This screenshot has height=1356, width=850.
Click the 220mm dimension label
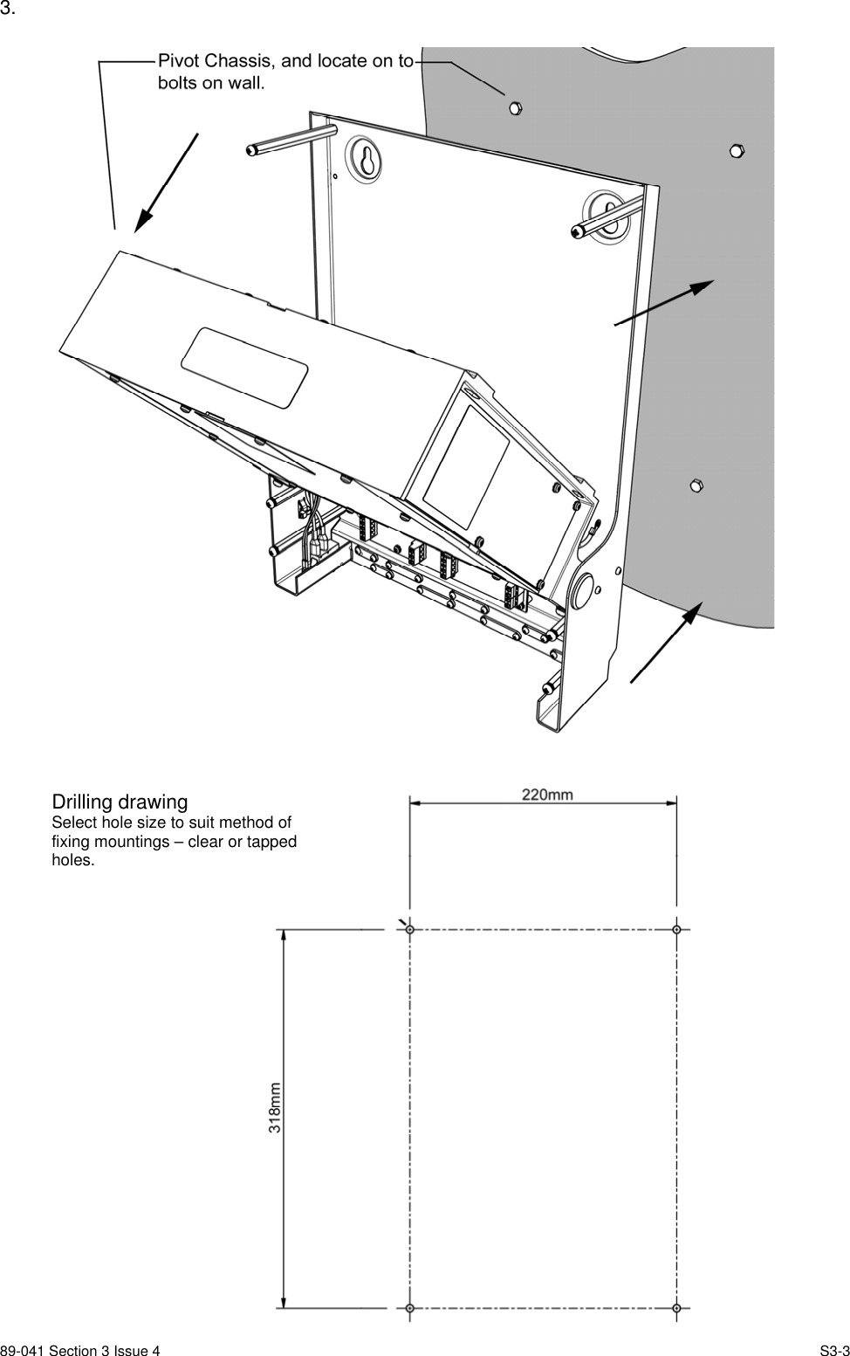tap(547, 794)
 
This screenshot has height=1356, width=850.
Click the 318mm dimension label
tap(275, 1107)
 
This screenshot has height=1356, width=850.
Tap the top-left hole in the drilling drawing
tap(410, 929)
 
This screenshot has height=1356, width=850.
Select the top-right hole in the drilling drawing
tap(676, 929)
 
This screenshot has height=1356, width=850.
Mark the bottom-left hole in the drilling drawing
tap(410, 1307)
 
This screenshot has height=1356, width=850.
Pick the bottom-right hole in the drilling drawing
tap(676, 1307)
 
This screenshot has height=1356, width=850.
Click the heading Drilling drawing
tap(120, 802)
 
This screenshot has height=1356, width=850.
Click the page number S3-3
tap(833, 1351)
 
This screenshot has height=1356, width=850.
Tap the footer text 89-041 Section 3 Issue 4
tap(80, 1351)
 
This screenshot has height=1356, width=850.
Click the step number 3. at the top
tap(9, 10)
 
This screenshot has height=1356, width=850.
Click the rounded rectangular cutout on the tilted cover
tap(244, 367)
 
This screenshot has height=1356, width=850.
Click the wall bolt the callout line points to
tap(515, 107)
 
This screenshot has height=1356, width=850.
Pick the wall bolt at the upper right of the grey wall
tap(736, 150)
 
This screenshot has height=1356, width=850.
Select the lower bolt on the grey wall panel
tap(696, 485)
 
